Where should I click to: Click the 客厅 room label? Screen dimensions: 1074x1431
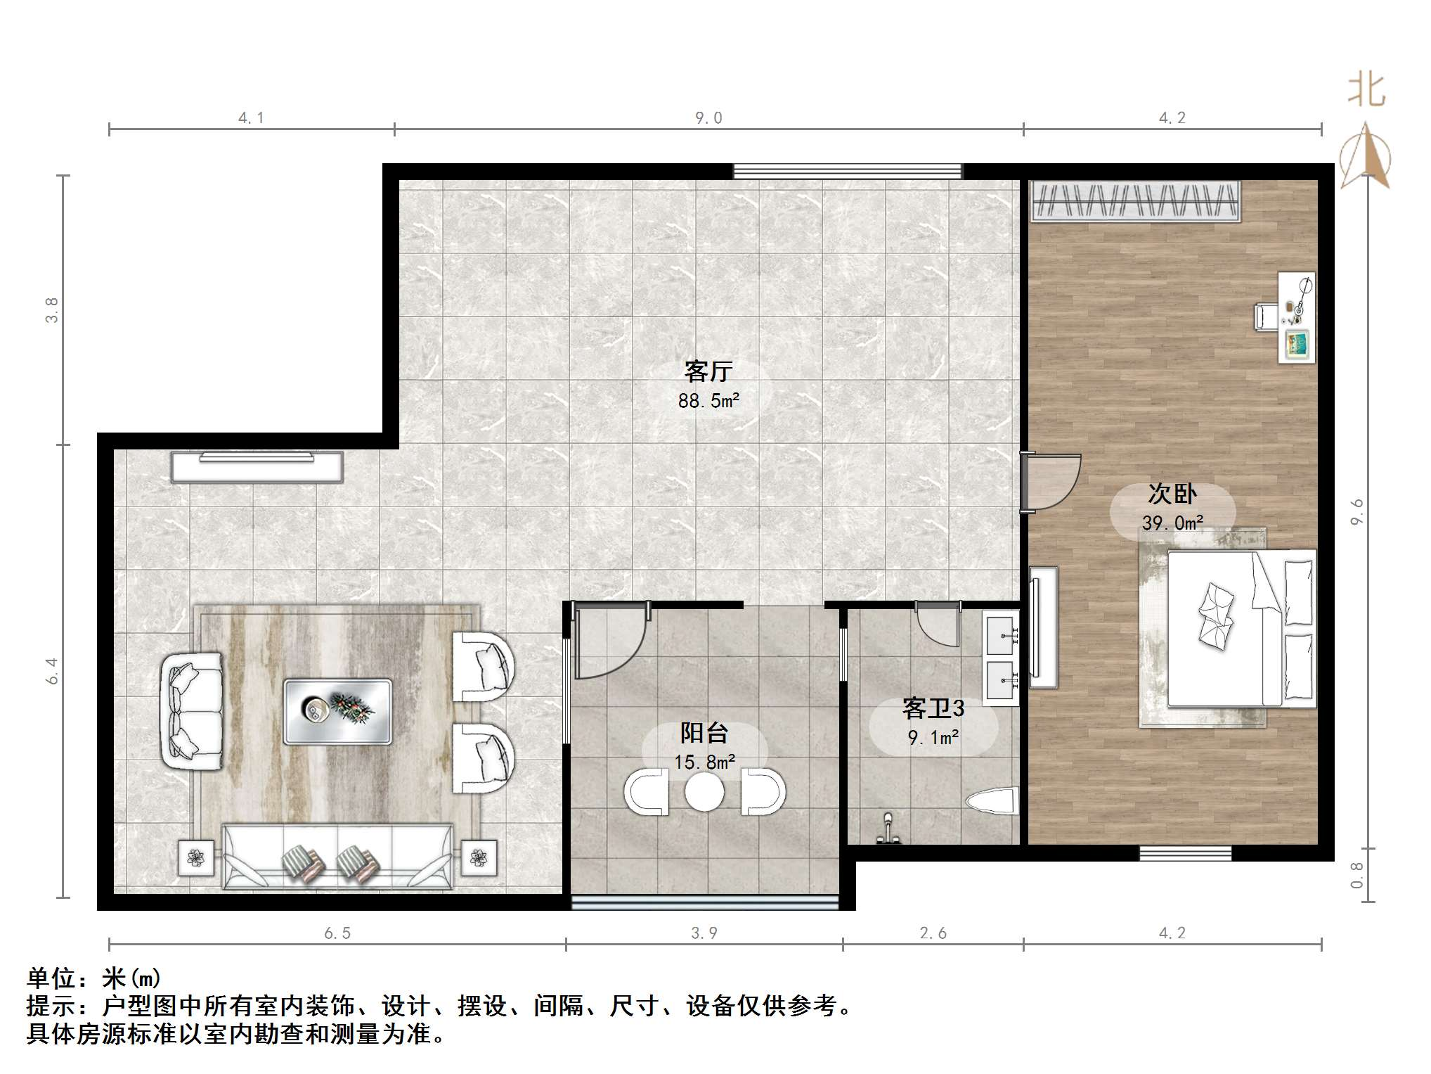pos(708,371)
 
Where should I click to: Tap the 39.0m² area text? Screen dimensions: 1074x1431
pos(1172,523)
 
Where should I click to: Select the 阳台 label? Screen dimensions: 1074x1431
pos(704,733)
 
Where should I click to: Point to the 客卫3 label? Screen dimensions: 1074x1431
pos(933,708)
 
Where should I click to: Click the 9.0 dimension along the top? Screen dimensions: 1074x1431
pos(708,118)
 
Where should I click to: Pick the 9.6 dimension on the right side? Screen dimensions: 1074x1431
pos(1356,511)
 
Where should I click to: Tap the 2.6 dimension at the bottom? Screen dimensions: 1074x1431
pos(933,933)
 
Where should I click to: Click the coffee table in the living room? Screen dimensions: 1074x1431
pos(337,711)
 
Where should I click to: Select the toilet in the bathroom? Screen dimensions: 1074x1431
pos(992,802)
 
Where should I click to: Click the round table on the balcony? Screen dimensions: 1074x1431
pos(704,792)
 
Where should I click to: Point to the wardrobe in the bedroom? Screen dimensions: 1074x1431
pos(1135,201)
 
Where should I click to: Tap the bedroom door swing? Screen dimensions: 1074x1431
pos(1051,482)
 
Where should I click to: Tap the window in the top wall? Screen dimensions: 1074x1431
pos(847,171)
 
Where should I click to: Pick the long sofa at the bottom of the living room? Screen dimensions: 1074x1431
pos(337,856)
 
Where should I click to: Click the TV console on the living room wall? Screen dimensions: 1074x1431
pos(257,467)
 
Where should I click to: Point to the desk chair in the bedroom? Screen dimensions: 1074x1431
pos(1266,317)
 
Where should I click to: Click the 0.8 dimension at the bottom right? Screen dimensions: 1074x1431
pos(1356,876)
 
